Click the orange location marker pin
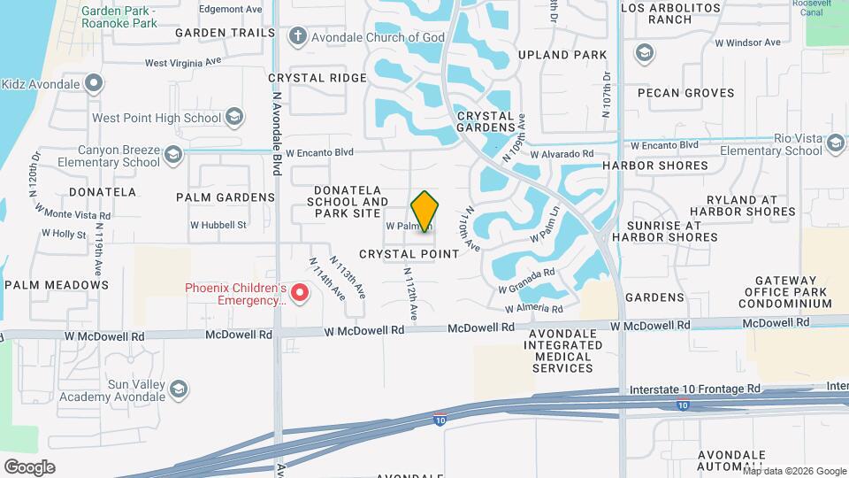(x=425, y=211)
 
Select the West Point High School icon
(x=234, y=117)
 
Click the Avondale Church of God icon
(x=298, y=36)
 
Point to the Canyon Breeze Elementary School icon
(x=173, y=156)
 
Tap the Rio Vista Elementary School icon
(x=835, y=143)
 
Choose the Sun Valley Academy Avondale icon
(x=179, y=389)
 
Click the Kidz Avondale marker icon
(x=95, y=84)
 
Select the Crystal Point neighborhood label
(x=409, y=254)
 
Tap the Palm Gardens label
(x=226, y=197)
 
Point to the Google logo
(x=29, y=466)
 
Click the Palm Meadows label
(x=57, y=285)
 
